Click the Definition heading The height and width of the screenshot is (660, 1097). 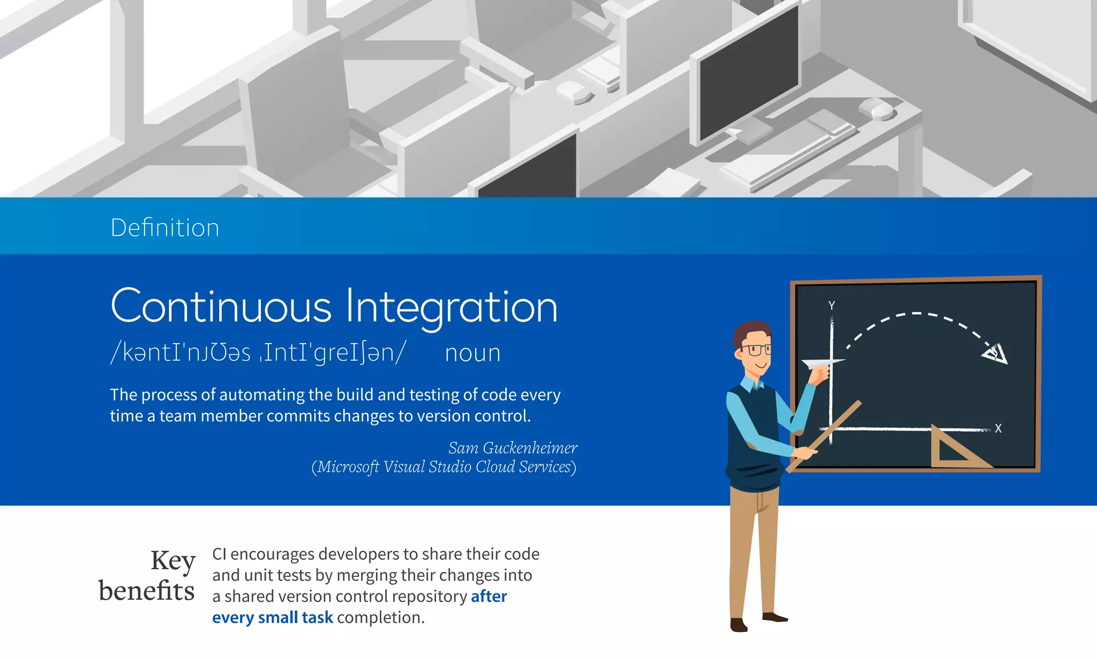[x=165, y=228]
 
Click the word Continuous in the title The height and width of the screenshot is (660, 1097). [x=221, y=307]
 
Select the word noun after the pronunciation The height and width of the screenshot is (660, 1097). [x=472, y=353]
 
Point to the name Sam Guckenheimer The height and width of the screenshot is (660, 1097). [x=513, y=448]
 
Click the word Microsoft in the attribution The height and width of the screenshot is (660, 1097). [x=348, y=467]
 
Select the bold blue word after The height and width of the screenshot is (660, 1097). [x=489, y=596]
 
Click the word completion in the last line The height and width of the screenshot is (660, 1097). [x=380, y=618]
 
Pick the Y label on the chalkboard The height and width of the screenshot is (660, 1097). [x=831, y=306]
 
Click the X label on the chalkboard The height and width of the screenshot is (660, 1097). [x=998, y=428]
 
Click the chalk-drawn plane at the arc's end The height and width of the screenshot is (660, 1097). [x=995, y=353]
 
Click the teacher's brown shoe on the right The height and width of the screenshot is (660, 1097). [x=775, y=618]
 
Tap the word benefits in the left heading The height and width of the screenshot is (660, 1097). [x=146, y=591]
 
